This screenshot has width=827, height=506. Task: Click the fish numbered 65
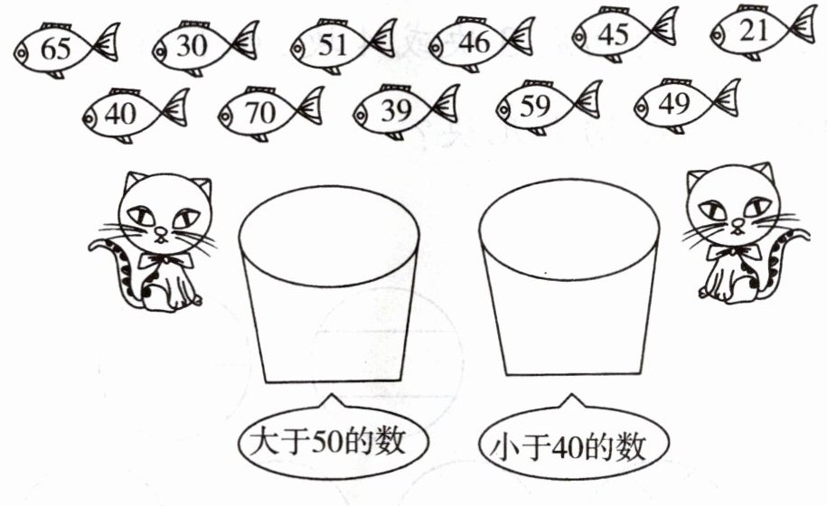tap(67, 50)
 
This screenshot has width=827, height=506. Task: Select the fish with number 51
tap(343, 45)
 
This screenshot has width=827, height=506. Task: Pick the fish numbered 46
tap(482, 43)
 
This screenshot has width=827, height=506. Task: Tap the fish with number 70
tap(271, 113)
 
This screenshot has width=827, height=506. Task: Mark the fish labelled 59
tap(549, 108)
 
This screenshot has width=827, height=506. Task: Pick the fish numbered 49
tap(687, 106)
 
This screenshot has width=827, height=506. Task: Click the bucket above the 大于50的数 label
tap(329, 284)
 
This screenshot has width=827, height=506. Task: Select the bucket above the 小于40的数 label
tap(569, 277)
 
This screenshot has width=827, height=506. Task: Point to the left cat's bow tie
tap(165, 260)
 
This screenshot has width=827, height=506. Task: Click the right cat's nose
tap(738, 223)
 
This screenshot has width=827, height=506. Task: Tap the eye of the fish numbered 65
tap(21, 52)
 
